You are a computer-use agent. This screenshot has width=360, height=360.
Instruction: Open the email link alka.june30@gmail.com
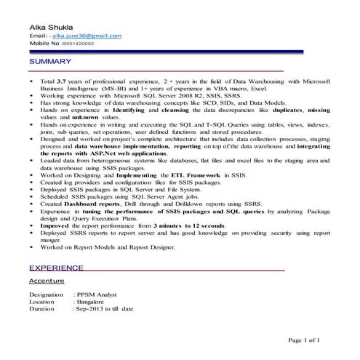[87, 36]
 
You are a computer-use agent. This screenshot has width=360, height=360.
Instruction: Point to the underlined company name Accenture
[47, 280]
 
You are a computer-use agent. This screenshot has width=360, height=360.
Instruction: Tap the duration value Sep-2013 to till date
[105, 309]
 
